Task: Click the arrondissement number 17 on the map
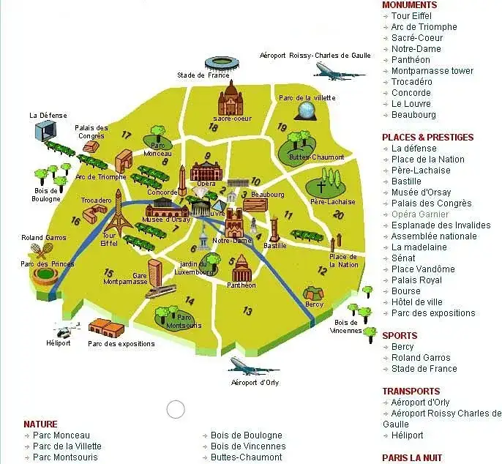(126, 135)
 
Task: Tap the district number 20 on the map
(337, 214)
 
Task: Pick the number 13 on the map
(247, 311)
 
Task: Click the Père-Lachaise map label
(332, 202)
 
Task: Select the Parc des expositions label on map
(121, 343)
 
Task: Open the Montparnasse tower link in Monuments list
(432, 71)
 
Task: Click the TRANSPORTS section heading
(411, 391)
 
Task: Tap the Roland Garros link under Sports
(420, 358)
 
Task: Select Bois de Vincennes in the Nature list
(247, 446)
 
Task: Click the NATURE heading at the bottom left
(40, 424)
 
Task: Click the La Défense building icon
(45, 130)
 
